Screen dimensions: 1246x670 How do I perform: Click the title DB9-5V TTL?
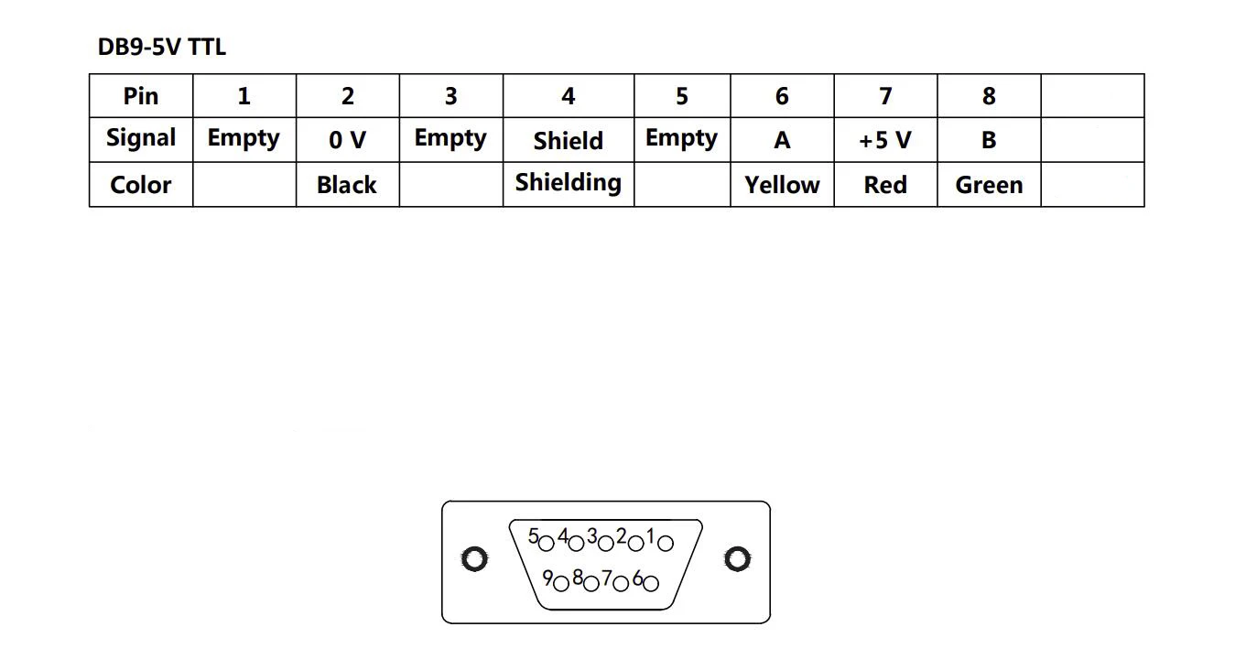161,48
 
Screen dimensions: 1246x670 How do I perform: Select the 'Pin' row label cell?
141,96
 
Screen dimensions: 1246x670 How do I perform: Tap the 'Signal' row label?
141,139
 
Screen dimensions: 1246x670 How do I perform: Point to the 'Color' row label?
141,185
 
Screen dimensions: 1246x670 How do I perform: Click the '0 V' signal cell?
347,140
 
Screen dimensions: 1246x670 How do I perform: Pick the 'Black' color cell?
347,185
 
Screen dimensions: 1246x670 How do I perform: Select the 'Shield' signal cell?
568,141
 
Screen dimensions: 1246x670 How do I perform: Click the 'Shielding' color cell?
568,183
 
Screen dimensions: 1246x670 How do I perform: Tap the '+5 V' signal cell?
885,140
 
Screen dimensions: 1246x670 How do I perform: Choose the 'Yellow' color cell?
782,185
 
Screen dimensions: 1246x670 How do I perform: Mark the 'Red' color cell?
885,185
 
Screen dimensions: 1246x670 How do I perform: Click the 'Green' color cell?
989,185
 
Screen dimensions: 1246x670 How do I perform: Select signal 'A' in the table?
782,140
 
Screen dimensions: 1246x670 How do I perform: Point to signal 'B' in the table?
989,140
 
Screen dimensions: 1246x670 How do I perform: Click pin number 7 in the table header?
885,96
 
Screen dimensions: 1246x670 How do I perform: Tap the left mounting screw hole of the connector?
473,559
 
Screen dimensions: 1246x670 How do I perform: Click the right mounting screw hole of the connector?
737,559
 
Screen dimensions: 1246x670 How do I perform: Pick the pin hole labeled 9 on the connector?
561,582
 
